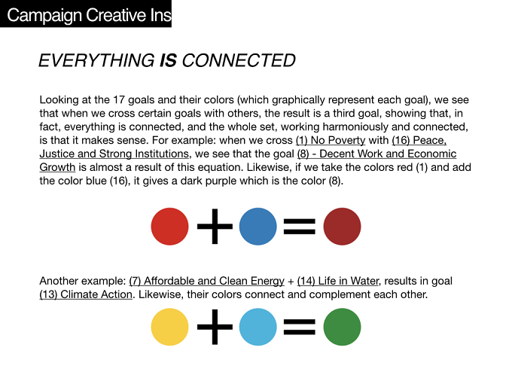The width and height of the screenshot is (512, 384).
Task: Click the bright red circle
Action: click(x=170, y=227)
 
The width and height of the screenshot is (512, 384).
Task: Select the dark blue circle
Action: click(x=258, y=227)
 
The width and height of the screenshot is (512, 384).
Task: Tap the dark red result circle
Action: click(x=342, y=227)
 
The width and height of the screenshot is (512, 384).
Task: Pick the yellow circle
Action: click(x=170, y=327)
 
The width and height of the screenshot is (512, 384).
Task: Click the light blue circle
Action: click(x=258, y=327)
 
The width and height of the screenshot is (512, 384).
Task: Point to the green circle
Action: click(x=342, y=327)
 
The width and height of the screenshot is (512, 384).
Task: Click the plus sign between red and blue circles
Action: click(x=215, y=227)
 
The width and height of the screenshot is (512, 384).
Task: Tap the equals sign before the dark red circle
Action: click(x=300, y=227)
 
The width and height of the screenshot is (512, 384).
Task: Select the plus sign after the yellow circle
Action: click(x=215, y=327)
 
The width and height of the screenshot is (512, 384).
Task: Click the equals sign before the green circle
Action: click(x=300, y=328)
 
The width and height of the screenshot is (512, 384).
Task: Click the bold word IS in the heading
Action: click(x=168, y=61)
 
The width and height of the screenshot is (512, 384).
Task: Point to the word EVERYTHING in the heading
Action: click(x=97, y=61)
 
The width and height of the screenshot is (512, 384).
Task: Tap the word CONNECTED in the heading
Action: click(x=239, y=61)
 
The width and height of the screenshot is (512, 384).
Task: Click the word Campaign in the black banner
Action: click(x=44, y=15)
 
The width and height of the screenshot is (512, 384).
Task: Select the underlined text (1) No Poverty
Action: click(x=331, y=140)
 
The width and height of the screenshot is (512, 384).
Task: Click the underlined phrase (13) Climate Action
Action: click(x=86, y=294)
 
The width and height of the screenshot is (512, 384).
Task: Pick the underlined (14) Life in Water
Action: click(x=338, y=281)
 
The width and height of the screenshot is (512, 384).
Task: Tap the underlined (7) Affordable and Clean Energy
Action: click(x=207, y=281)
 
